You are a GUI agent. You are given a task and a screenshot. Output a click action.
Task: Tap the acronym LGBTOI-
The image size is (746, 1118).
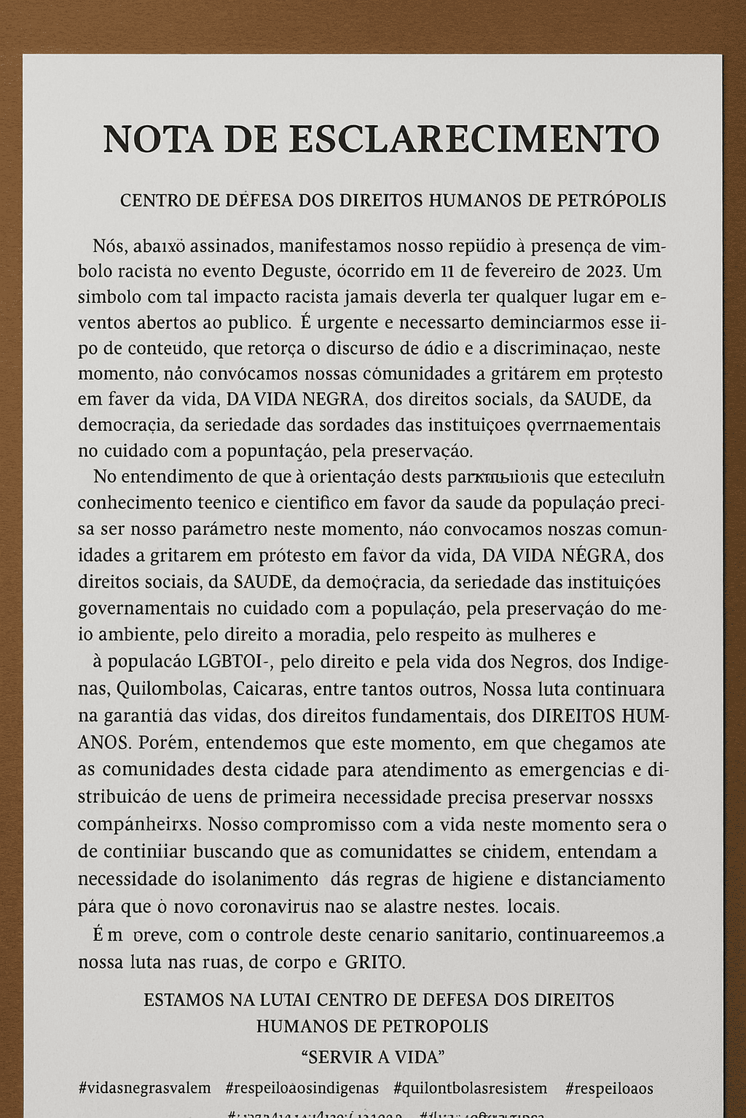(235, 662)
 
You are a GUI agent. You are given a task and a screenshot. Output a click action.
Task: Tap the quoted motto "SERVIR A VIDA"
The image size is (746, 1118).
(372, 1056)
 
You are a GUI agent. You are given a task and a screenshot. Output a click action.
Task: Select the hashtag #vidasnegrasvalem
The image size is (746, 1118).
(144, 1089)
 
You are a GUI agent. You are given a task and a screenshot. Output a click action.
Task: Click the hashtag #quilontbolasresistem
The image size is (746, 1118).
(470, 1089)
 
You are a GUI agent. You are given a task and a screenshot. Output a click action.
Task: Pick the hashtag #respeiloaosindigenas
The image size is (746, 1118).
(302, 1089)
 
